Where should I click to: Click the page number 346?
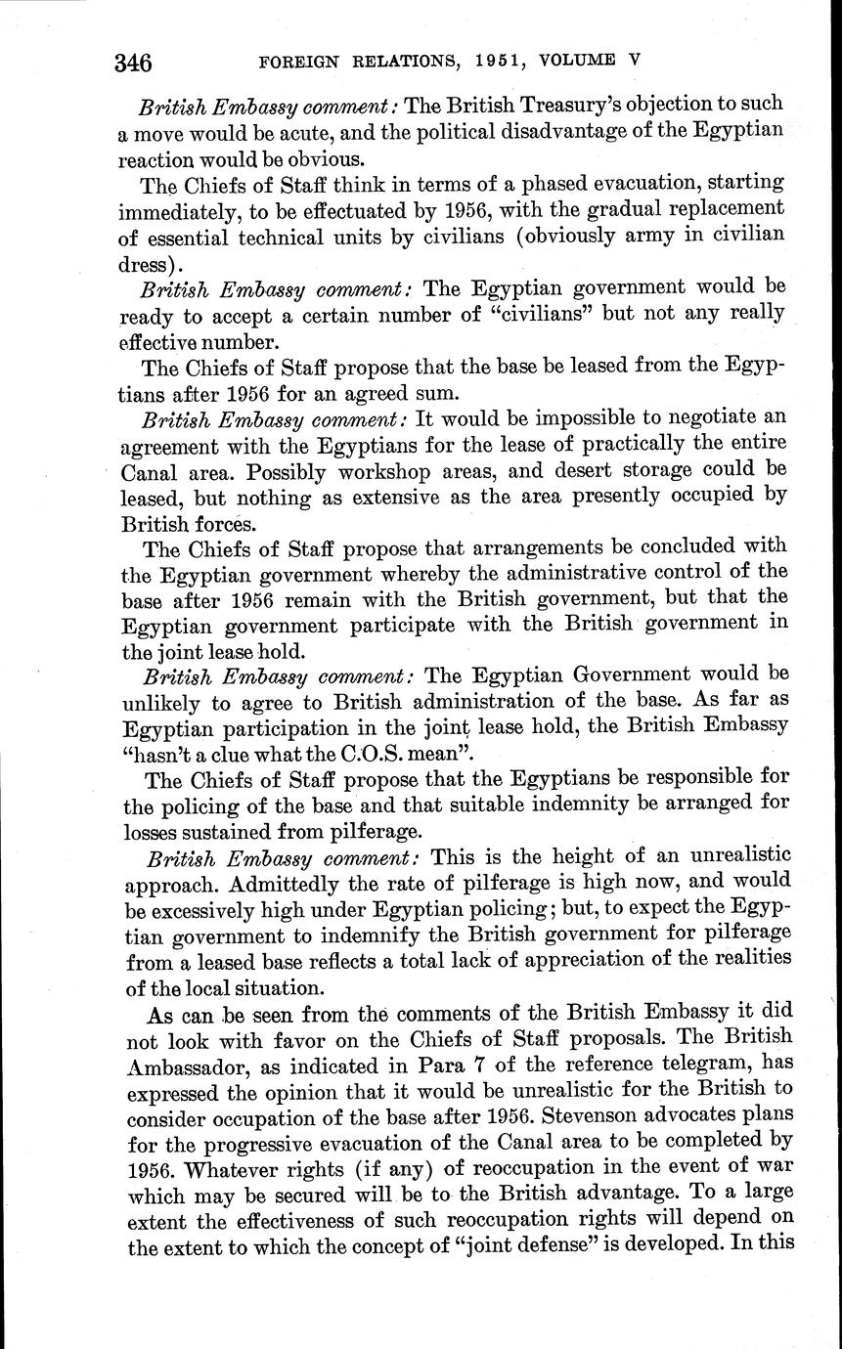[133, 64]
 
